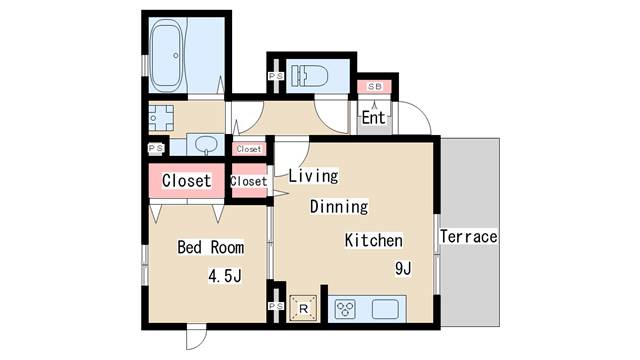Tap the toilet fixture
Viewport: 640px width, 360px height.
(x=312, y=76)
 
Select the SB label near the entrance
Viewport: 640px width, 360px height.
(x=374, y=87)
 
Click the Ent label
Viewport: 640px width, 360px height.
(x=373, y=118)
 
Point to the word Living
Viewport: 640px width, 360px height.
(x=313, y=176)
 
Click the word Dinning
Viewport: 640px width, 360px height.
(x=338, y=207)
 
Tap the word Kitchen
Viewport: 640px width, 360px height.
(x=373, y=240)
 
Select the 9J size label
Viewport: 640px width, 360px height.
(x=403, y=268)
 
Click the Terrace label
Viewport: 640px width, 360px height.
(x=468, y=237)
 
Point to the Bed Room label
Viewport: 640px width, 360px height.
(x=210, y=246)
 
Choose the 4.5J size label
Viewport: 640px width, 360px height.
(x=225, y=275)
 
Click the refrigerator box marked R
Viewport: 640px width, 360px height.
(x=303, y=308)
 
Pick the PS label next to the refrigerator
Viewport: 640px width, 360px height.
(x=276, y=307)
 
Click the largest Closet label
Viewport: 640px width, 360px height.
(x=186, y=181)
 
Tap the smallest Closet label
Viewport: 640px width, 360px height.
(x=249, y=149)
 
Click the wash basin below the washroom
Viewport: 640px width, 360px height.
(x=207, y=144)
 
